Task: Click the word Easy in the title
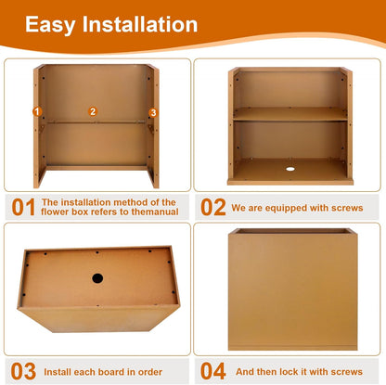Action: pyautogui.click(x=50, y=25)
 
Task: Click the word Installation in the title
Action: pyautogui.click(x=140, y=24)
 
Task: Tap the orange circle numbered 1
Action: pyautogui.click(x=37, y=111)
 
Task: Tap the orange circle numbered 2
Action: pyautogui.click(x=93, y=111)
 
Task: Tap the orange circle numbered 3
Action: pyautogui.click(x=153, y=113)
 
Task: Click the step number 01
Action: pyautogui.click(x=23, y=207)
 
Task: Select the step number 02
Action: pyautogui.click(x=213, y=207)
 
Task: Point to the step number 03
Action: pyautogui.click(x=23, y=371)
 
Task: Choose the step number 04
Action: pyautogui.click(x=213, y=371)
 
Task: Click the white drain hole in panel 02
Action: pyautogui.click(x=290, y=169)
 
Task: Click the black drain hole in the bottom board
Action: pyautogui.click(x=97, y=278)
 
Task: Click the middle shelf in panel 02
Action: pyautogui.click(x=290, y=114)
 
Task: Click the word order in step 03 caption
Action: pyautogui.click(x=150, y=372)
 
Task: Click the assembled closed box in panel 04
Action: pyautogui.click(x=293, y=289)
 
